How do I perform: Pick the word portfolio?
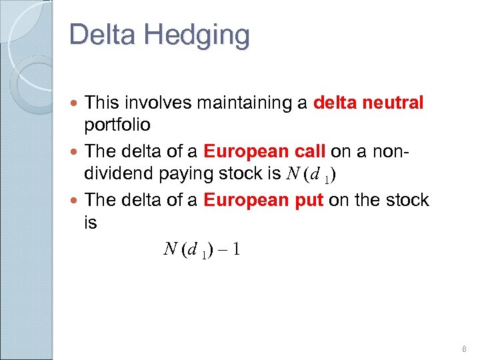tap(118, 126)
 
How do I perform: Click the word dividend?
tap(120, 174)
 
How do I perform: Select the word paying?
tap(189, 175)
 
